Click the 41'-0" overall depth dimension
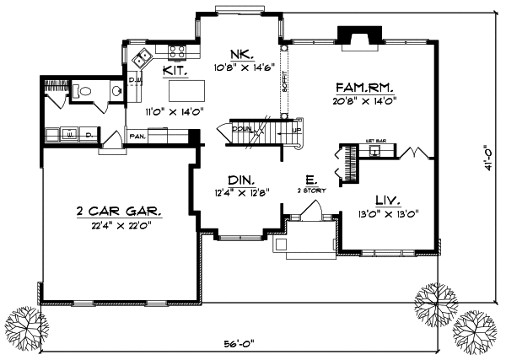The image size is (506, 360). (487, 159)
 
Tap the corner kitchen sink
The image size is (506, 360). (144, 58)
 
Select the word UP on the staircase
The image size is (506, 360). (296, 131)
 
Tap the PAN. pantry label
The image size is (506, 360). (137, 136)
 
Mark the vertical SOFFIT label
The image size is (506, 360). (285, 81)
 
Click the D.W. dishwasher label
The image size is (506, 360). (133, 80)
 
